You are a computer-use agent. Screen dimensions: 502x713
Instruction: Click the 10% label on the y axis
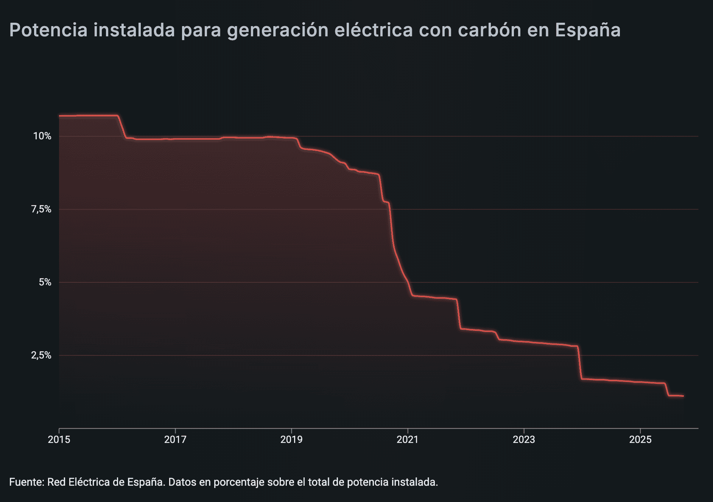(42, 136)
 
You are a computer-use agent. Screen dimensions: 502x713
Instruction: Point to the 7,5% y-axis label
(41, 209)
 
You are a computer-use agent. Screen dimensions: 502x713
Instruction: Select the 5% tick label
(45, 282)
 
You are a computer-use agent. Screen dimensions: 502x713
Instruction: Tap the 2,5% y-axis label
(41, 355)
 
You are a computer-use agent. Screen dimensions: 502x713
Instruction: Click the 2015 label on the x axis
(59, 440)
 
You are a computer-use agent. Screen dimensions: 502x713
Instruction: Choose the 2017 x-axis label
(175, 440)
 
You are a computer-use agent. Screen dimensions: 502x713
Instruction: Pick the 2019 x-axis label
(291, 440)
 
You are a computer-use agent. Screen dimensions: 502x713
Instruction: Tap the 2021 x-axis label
(408, 440)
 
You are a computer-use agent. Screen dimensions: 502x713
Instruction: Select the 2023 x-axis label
(524, 440)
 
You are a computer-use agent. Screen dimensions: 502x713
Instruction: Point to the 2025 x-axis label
(640, 440)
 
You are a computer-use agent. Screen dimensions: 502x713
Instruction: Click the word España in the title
(588, 30)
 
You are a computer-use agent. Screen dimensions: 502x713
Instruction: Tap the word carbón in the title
(488, 30)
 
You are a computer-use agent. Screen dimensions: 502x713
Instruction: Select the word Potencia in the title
(48, 30)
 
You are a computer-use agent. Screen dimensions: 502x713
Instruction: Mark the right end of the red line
(683, 396)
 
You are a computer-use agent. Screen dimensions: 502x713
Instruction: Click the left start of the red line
(59, 115)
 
